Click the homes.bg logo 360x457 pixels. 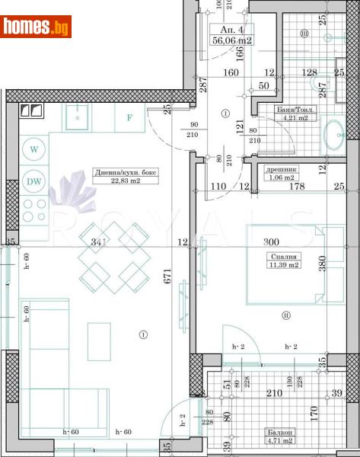(x=37, y=27)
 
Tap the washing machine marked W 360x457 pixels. (x=34, y=149)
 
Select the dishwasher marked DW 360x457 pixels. (x=34, y=181)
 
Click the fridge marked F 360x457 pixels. (x=130, y=118)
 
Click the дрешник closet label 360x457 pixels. (x=282, y=170)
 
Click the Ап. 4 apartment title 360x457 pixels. (x=228, y=30)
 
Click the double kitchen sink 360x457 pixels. (x=33, y=111)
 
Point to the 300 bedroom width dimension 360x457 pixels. (x=271, y=241)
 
